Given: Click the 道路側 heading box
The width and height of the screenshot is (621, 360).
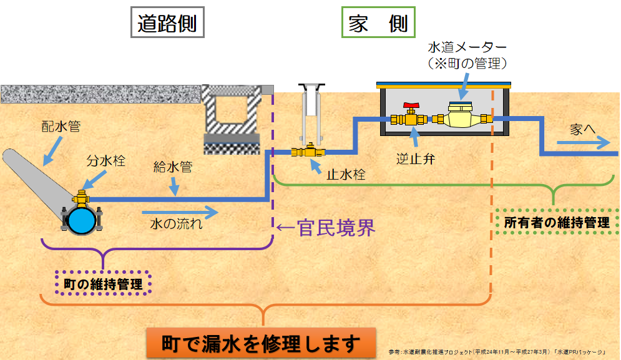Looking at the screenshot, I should coord(167,24).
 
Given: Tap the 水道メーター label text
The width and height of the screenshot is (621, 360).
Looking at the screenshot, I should coord(467,47).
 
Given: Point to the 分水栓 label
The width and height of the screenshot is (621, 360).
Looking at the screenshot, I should coord(105,160).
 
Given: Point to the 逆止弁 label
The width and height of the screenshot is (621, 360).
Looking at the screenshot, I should coord(415,158).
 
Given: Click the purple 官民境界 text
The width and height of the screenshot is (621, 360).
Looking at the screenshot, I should coord(326,228).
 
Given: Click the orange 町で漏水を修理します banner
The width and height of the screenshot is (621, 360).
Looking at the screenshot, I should coord(262,343).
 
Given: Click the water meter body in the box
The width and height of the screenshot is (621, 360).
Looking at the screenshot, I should coord(461,117).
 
